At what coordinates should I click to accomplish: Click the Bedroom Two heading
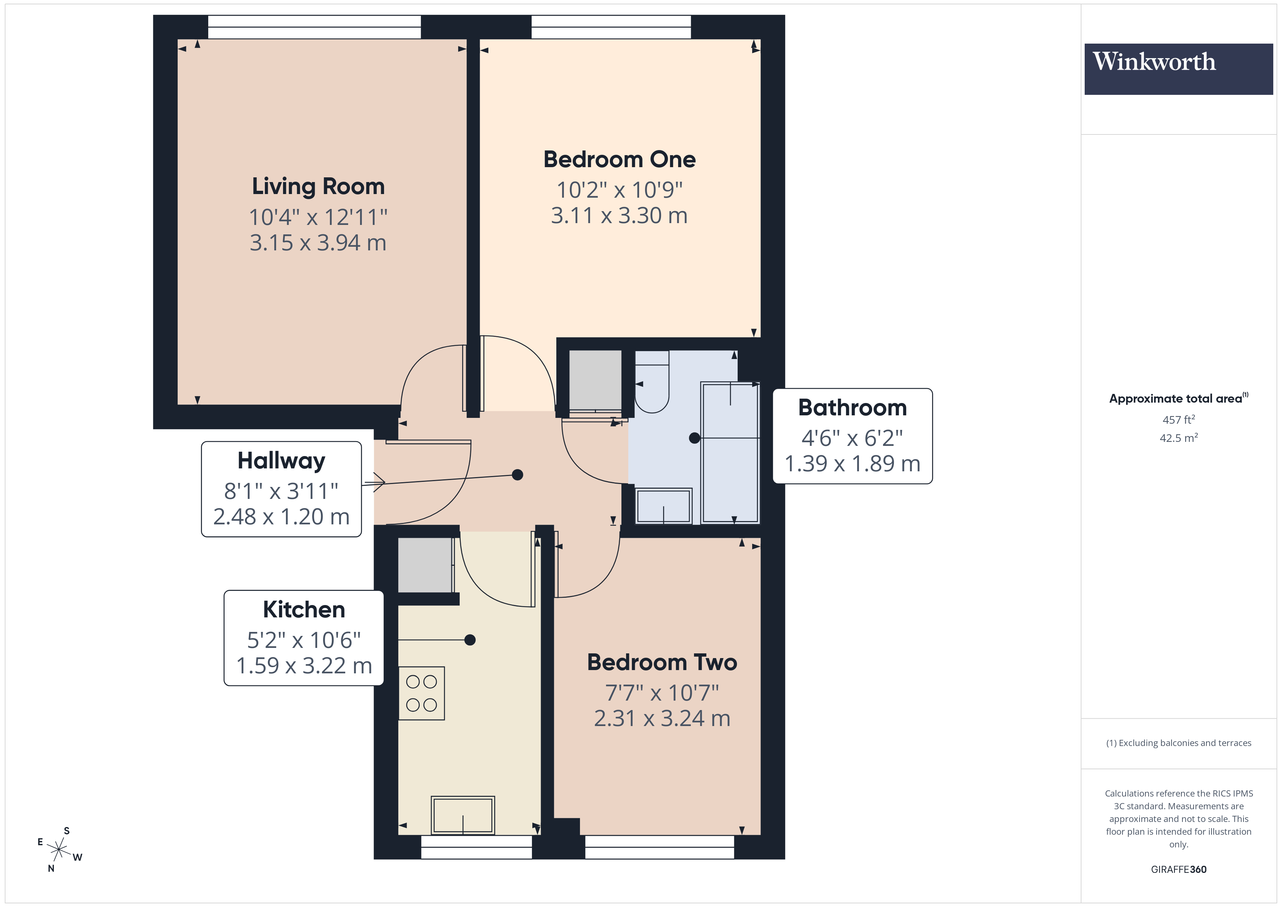[x=662, y=662]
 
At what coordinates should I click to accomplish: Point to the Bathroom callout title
[x=852, y=408]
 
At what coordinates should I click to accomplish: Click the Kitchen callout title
[x=304, y=610]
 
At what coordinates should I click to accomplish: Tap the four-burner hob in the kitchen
[x=422, y=693]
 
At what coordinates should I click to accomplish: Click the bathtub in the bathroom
[x=730, y=452]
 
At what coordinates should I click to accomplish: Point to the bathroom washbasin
[x=663, y=506]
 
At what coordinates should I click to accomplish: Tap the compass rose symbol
[x=59, y=850]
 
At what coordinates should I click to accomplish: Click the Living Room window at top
[x=314, y=27]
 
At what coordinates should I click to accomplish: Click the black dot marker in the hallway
[x=517, y=475]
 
